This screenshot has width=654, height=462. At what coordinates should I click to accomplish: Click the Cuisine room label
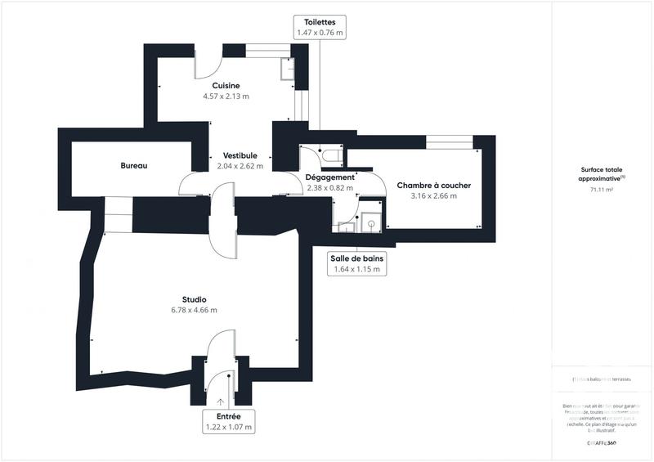226,86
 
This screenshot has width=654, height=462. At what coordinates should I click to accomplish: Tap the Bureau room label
133,166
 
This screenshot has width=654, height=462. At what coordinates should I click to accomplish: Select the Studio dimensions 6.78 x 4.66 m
194,310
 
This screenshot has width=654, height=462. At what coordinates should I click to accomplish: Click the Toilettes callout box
318,26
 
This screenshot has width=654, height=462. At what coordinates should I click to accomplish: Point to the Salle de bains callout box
357,262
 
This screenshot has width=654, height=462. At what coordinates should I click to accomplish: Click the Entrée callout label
228,422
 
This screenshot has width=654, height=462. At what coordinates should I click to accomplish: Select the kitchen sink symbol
287,70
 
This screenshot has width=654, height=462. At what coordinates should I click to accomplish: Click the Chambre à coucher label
433,186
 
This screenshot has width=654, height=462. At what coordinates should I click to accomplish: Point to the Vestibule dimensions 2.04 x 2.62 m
240,166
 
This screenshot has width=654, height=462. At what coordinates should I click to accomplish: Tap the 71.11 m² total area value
602,190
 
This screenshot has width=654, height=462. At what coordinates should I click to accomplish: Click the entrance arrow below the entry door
220,401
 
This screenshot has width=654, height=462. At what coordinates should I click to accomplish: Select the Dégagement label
329,177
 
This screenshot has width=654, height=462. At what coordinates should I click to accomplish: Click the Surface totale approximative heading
602,173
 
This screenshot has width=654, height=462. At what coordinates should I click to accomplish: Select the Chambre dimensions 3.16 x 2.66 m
433,196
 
